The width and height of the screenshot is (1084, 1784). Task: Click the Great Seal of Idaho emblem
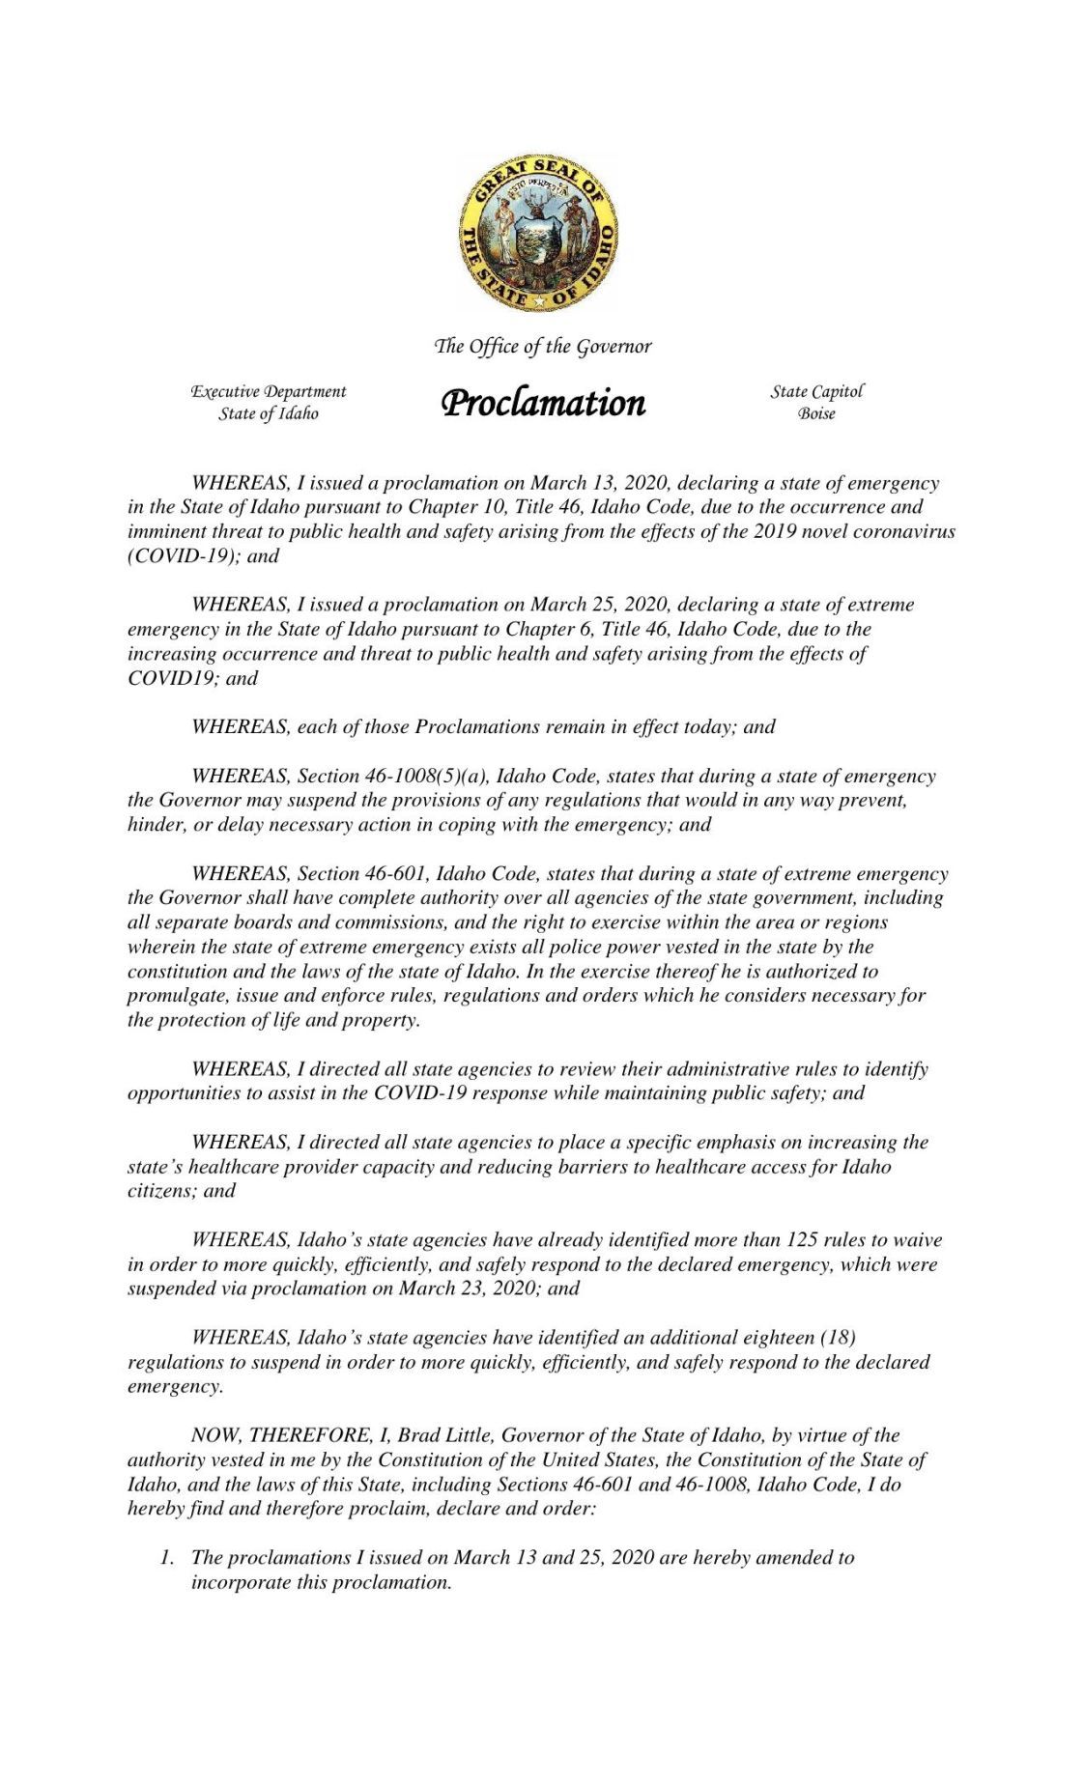point(538,234)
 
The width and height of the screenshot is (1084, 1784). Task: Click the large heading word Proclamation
point(543,402)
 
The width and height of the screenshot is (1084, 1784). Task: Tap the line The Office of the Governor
point(543,346)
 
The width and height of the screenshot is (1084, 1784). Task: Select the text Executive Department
point(268,391)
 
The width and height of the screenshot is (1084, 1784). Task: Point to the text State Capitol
point(816,391)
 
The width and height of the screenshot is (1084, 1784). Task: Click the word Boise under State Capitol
point(816,413)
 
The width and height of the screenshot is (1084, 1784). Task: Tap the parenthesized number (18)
point(837,1337)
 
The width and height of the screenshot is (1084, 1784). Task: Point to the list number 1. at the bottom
point(167,1557)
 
